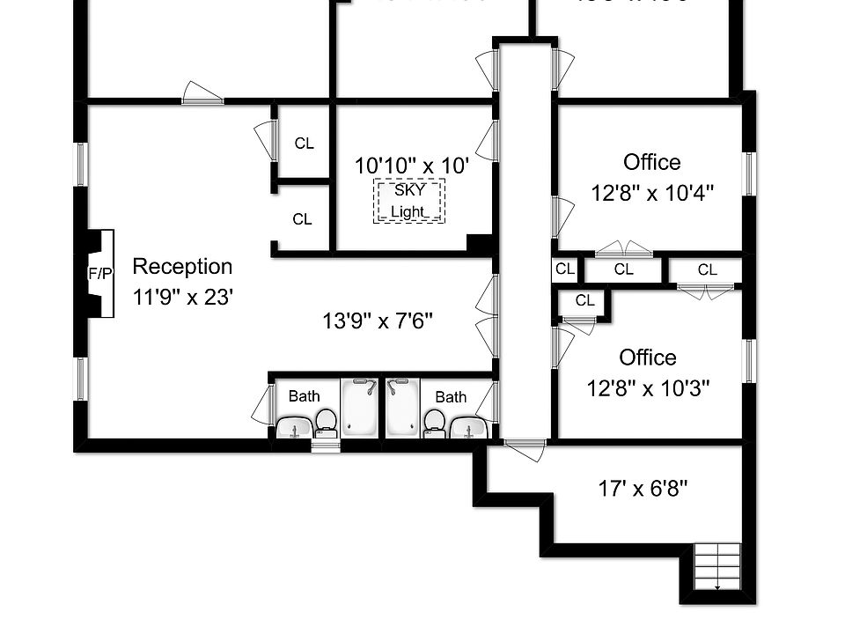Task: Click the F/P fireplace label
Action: [100, 274]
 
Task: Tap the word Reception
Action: [182, 266]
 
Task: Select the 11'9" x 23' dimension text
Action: [182, 297]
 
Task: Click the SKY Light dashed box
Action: [410, 201]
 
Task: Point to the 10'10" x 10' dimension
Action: [411, 165]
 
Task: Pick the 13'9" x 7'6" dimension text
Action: [378, 321]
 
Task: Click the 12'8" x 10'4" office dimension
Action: [652, 193]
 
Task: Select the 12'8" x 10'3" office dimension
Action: [649, 387]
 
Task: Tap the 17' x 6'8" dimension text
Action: [643, 488]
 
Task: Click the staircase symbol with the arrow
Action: [717, 568]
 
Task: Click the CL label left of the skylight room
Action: [304, 143]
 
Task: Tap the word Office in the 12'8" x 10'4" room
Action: [651, 162]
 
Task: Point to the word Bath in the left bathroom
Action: [304, 396]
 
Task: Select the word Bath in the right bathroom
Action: [451, 397]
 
